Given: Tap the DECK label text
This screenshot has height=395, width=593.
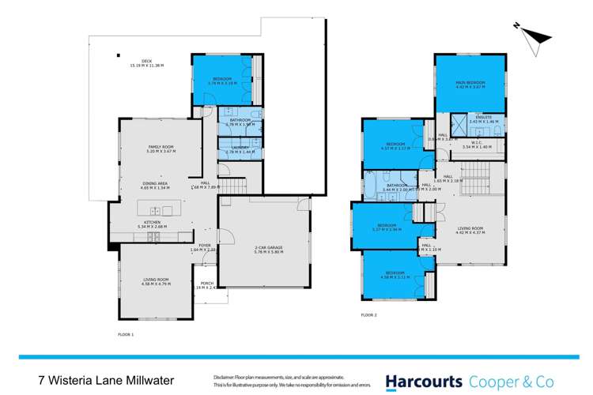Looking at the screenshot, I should (146, 60).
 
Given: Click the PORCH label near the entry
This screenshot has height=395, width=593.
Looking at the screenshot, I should (206, 283).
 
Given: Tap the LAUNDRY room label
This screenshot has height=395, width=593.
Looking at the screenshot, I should (238, 148).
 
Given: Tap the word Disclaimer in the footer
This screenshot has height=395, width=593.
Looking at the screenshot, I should (224, 374).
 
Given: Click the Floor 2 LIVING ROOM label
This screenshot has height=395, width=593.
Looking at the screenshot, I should (470, 229).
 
